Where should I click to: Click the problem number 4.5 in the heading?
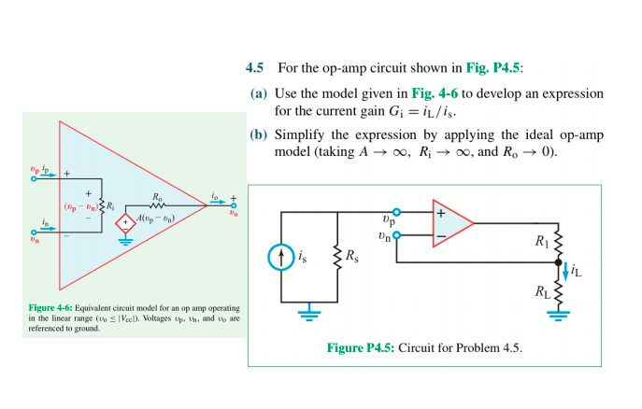pyautogui.click(x=254, y=68)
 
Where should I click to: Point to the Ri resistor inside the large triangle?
pyautogui.click(x=105, y=204)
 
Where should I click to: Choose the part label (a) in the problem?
pyautogui.click(x=259, y=94)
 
